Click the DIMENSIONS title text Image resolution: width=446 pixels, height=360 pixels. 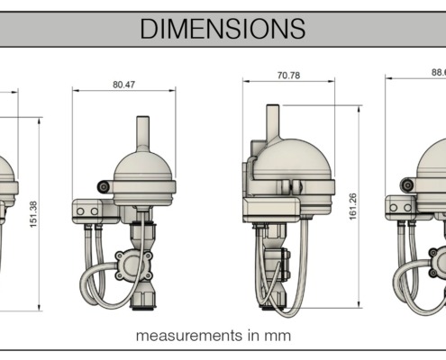pos(223,28)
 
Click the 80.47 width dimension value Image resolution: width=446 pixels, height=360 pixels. pos(123,84)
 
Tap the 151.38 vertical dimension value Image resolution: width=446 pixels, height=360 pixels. pos(33,213)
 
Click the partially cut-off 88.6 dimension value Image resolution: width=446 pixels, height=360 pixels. pos(436,73)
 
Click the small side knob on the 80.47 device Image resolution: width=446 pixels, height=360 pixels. pos(104,186)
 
